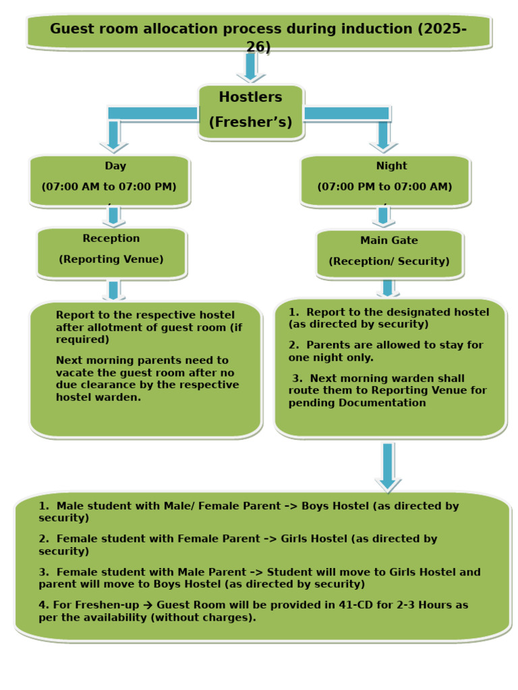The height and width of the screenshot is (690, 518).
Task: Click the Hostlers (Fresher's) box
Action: point(251,111)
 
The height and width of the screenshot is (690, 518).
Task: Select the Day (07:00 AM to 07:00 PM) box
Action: point(109,180)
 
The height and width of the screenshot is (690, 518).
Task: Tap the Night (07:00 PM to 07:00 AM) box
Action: point(384,180)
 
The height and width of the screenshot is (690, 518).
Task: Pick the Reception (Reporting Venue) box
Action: point(111,252)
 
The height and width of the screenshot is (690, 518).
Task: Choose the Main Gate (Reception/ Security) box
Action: point(389,253)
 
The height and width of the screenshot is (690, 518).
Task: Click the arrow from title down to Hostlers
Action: point(251,67)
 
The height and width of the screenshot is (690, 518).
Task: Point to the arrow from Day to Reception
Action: point(113,216)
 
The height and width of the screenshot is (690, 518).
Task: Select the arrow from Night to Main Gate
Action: point(384,216)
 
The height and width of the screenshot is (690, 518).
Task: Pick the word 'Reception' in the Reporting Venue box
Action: point(111,239)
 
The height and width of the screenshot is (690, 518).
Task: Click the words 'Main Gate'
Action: point(389,241)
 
